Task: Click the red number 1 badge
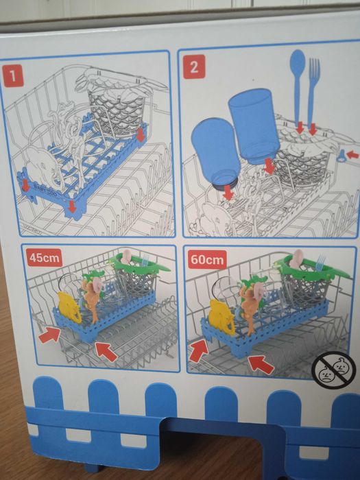[12, 75]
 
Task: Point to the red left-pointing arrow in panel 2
[352, 155]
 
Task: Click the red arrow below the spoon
[300, 128]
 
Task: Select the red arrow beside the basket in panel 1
[141, 134]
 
